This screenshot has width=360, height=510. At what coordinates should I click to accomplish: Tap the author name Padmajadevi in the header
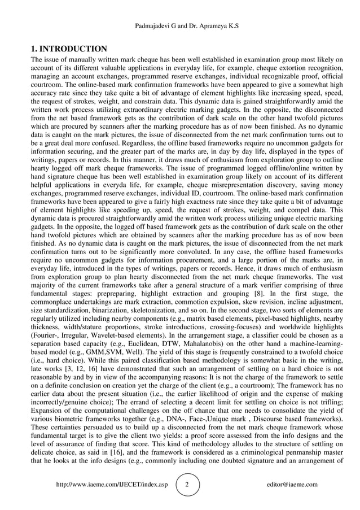point(155,27)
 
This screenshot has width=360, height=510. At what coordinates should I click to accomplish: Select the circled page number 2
point(187,485)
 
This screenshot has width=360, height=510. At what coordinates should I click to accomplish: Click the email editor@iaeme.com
point(292,485)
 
